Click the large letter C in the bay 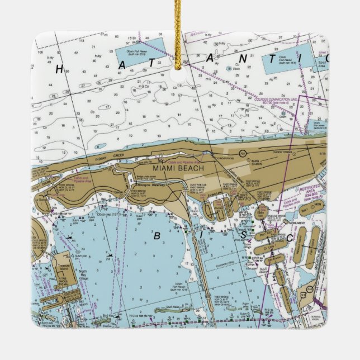(289, 239)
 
